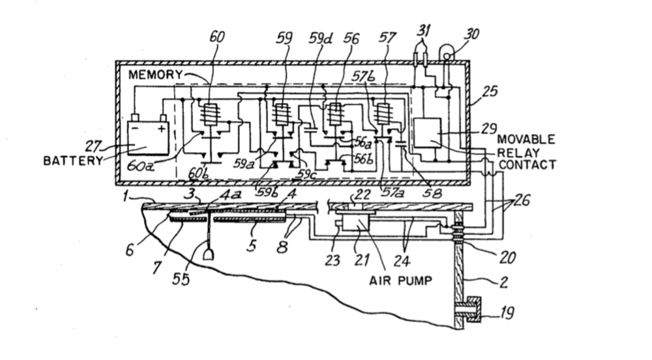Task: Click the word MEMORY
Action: pyautogui.click(x=155, y=75)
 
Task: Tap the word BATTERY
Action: pyautogui.click(x=73, y=160)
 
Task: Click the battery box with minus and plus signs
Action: pyautogui.click(x=148, y=137)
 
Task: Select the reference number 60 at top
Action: pyautogui.click(x=216, y=37)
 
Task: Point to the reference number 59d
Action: pyautogui.click(x=321, y=38)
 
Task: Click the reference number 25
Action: pyautogui.click(x=490, y=91)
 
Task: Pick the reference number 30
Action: pyautogui.click(x=471, y=34)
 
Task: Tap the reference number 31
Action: pyautogui.click(x=424, y=30)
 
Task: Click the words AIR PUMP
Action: pyautogui.click(x=400, y=280)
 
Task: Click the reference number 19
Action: pyautogui.click(x=506, y=312)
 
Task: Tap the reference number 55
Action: pyautogui.click(x=181, y=278)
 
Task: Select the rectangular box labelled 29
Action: pyautogui.click(x=427, y=132)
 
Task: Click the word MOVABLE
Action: pyautogui.click(x=526, y=139)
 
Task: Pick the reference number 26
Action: pyautogui.click(x=522, y=200)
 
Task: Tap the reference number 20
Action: pyautogui.click(x=507, y=258)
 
